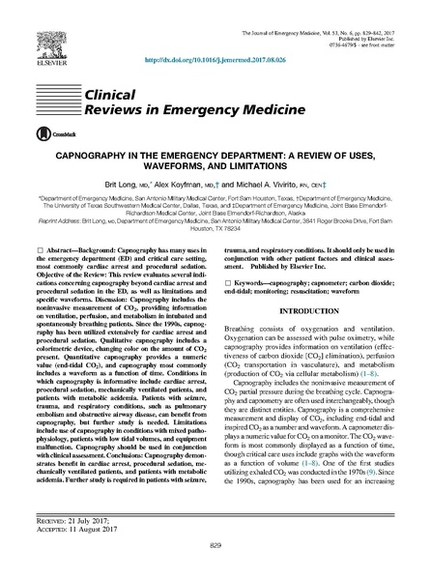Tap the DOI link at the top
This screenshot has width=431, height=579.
[x=215, y=60]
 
